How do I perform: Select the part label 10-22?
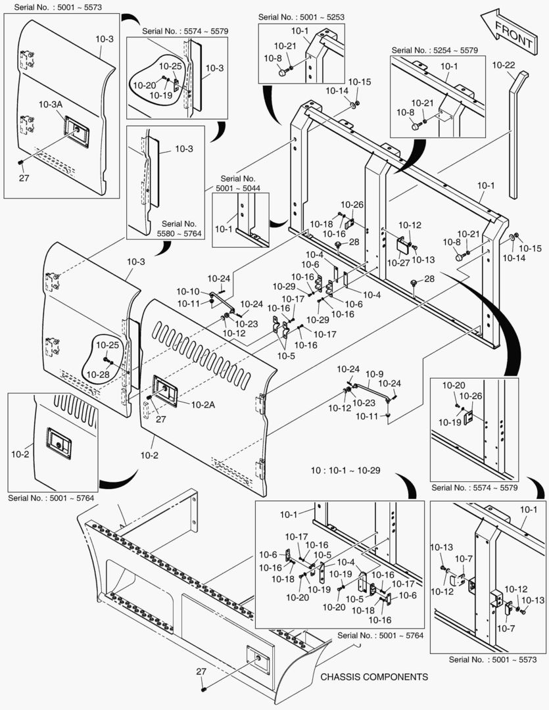pos(503,65)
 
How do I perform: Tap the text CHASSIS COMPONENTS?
pos(374,676)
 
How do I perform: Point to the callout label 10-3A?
pos(51,105)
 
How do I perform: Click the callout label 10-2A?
pos(203,405)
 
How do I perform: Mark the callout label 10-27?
pos(398,263)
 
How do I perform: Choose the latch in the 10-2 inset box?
pos(58,442)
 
